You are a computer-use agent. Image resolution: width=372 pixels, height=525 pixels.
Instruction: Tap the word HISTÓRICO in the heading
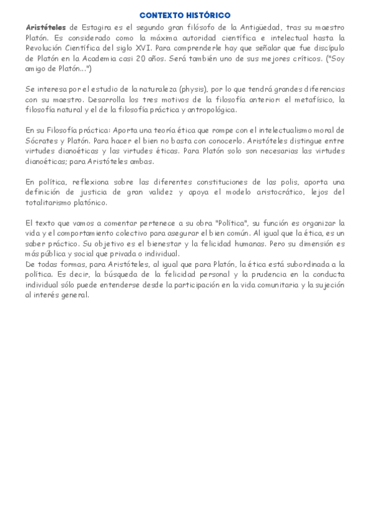pos(209,15)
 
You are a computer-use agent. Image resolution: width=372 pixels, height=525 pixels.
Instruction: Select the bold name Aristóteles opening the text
pos(46,27)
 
